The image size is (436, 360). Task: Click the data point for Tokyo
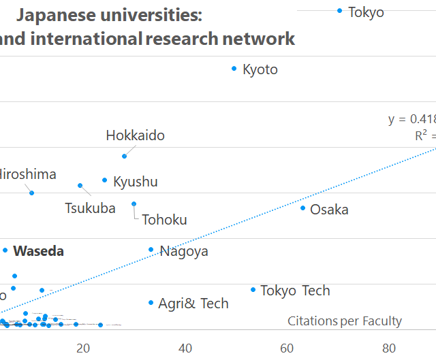click(340, 11)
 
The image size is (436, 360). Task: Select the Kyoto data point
click(234, 69)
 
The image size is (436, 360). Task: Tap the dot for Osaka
click(303, 208)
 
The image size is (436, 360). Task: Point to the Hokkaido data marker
click(125, 157)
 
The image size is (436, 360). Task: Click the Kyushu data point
click(104, 180)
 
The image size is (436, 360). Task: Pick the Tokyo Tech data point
click(253, 290)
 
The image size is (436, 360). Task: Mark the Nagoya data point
click(151, 250)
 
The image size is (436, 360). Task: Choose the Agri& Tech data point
click(151, 303)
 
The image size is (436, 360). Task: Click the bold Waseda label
click(39, 251)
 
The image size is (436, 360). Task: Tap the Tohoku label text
click(164, 220)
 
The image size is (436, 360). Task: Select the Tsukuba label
click(90, 208)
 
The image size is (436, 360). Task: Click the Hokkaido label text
click(135, 135)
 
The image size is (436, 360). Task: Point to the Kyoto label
click(260, 69)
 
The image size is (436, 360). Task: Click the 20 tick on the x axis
click(83, 348)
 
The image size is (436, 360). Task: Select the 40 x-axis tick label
click(185, 348)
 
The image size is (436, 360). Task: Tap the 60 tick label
click(287, 348)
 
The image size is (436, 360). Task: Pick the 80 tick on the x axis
click(389, 348)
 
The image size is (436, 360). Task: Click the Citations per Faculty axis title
click(345, 321)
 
